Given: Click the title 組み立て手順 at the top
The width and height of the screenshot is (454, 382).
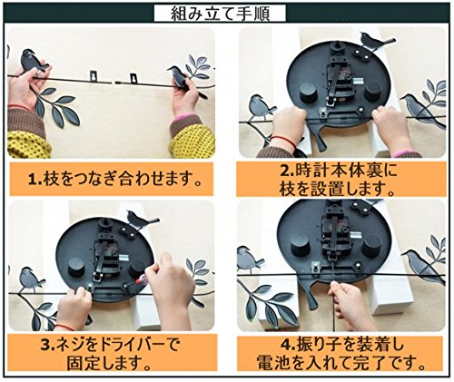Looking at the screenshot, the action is click(x=220, y=14).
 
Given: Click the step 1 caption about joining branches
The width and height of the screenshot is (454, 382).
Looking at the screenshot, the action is click(x=114, y=179).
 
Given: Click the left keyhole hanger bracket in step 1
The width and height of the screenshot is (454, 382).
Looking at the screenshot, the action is click(x=94, y=76).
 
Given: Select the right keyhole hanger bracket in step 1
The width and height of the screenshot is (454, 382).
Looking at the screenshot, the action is click(x=133, y=78).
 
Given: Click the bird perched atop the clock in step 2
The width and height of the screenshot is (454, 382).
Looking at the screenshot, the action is click(x=375, y=41).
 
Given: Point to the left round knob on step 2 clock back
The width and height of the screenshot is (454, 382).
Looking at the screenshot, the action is click(x=310, y=92).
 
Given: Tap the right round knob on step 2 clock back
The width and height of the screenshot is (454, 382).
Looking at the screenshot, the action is click(x=374, y=91).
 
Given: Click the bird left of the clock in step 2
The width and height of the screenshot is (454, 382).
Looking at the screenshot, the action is click(x=261, y=106).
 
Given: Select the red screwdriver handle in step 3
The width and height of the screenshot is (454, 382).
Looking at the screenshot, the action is click(x=141, y=280).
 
